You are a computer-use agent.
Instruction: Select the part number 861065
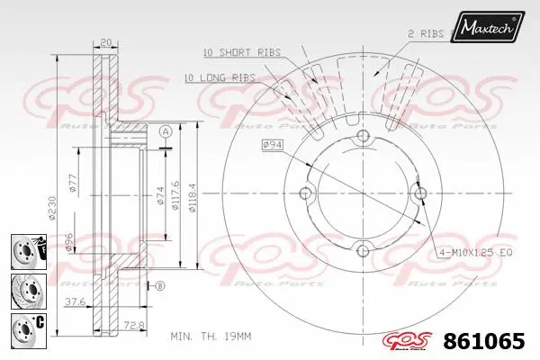click(x=484, y=342)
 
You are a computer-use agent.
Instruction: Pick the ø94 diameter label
click(x=274, y=144)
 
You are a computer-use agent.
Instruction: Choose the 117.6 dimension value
click(x=177, y=193)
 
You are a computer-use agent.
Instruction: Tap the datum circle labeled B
click(x=160, y=286)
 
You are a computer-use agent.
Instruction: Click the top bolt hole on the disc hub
click(x=363, y=136)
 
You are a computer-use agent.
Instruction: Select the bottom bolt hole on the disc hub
click(x=363, y=251)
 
